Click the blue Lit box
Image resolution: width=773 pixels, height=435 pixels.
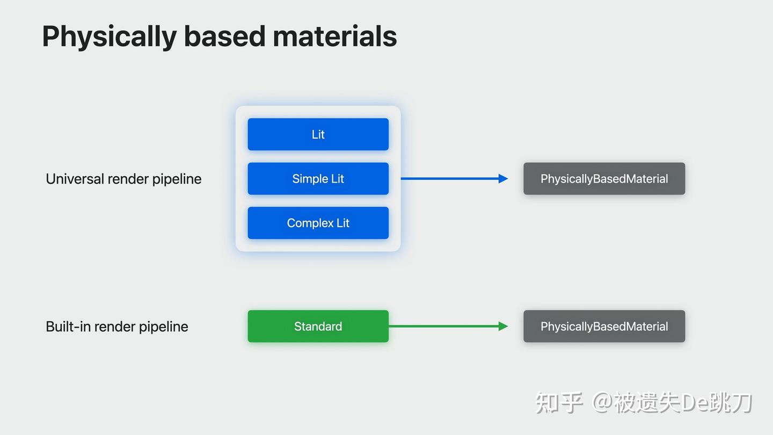click(x=318, y=134)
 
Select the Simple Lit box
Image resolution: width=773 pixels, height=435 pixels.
click(x=318, y=179)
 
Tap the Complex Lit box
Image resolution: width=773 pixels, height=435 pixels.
click(x=318, y=223)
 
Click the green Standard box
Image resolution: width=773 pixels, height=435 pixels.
click(x=318, y=326)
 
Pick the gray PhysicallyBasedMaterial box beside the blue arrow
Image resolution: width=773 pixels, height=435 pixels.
click(x=604, y=179)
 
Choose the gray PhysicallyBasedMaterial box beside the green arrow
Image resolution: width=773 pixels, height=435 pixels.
click(x=604, y=326)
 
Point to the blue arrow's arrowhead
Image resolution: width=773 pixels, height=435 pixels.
click(x=503, y=179)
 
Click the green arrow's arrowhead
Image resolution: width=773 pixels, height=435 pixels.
click(x=503, y=326)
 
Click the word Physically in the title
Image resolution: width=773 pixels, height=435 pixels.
click(x=109, y=37)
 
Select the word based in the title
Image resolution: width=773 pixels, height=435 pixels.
click(x=224, y=37)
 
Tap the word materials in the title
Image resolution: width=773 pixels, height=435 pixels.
click(x=334, y=37)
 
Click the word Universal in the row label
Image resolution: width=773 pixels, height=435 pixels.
click(x=75, y=179)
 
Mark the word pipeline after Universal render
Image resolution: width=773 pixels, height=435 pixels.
click(x=177, y=179)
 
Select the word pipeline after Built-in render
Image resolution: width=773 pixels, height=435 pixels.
click(x=163, y=327)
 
